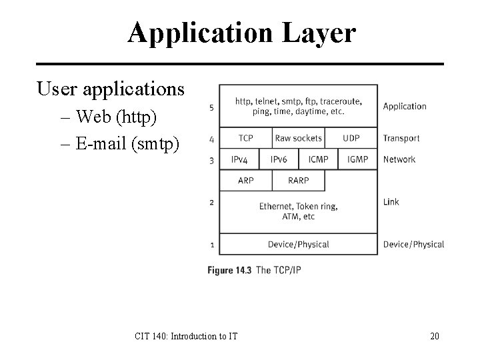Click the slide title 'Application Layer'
click(x=242, y=33)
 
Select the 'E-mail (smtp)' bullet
click(x=127, y=143)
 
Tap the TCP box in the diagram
click(x=245, y=138)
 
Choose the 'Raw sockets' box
click(x=298, y=138)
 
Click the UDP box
click(x=351, y=138)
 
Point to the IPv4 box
click(x=239, y=159)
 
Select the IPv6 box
click(x=279, y=159)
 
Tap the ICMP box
click(x=318, y=159)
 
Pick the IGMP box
click(x=358, y=159)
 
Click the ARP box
click(x=245, y=180)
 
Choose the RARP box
click(x=298, y=180)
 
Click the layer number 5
click(x=211, y=107)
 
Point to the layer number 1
click(x=211, y=245)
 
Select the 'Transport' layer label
click(x=401, y=138)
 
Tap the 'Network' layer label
click(x=399, y=159)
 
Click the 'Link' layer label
click(x=391, y=201)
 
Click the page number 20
click(x=434, y=336)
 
